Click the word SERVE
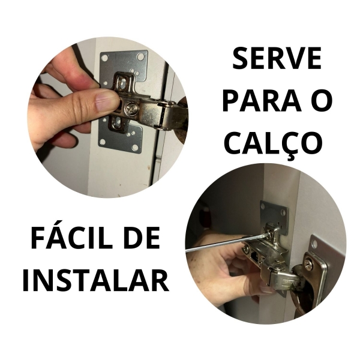(x=277, y=59)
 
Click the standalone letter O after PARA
(x=322, y=101)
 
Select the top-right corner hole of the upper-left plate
(x=140, y=57)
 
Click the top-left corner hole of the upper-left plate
(x=105, y=59)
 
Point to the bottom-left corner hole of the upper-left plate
(x=103, y=142)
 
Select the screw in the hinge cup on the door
(x=308, y=263)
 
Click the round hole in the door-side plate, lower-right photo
(x=314, y=242)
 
